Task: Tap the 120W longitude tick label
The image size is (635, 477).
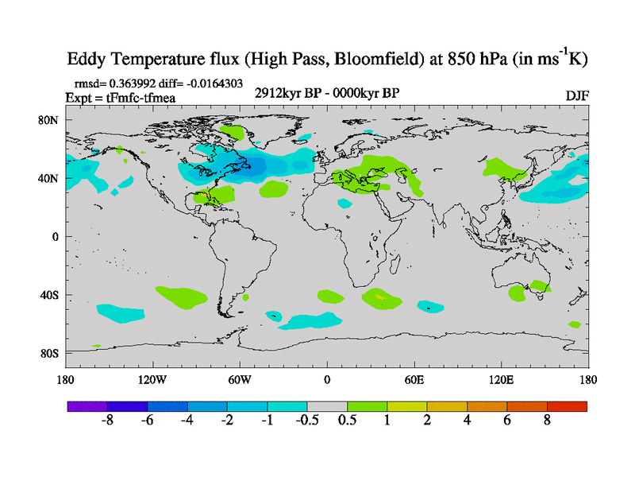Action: (152, 379)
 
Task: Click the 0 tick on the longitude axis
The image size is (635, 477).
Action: (326, 379)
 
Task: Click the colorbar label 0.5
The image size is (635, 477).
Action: (347, 421)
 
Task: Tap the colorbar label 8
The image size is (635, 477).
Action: (547, 421)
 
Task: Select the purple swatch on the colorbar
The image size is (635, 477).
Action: (87, 406)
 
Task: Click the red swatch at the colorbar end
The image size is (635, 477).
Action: (567, 406)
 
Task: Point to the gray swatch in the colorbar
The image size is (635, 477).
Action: (327, 406)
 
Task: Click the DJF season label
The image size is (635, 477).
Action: (577, 96)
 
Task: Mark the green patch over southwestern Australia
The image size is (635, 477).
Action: (517, 293)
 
